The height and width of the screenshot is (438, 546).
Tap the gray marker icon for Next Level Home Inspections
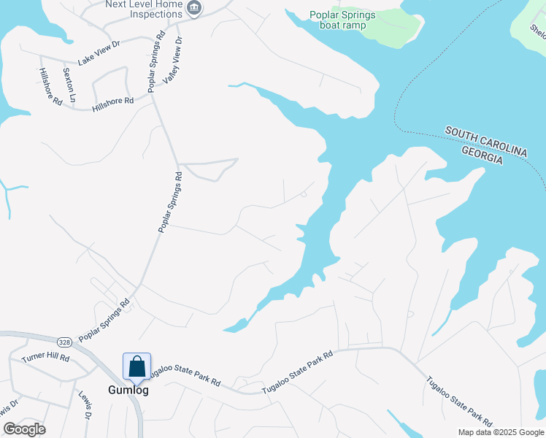pos(193,9)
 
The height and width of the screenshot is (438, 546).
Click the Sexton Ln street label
pos(69,84)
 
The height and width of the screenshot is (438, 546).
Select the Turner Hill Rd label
pos(45,358)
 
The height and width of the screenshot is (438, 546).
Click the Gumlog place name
pos(128,390)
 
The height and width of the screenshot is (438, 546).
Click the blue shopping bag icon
pos(136,366)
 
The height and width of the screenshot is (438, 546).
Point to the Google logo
pos(24,429)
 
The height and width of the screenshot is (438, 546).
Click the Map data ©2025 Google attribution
pos(500,432)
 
